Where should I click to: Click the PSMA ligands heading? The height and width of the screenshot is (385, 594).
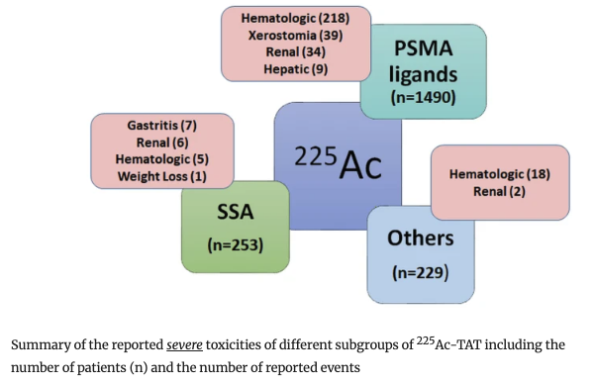(x=424, y=58)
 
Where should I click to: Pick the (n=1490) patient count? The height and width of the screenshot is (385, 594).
(x=424, y=97)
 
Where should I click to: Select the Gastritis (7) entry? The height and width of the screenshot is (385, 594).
(x=161, y=126)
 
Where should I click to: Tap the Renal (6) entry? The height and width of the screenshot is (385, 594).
(x=161, y=143)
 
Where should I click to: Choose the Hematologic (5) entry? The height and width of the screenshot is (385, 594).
(x=161, y=159)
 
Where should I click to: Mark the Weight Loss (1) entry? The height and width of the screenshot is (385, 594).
(x=161, y=176)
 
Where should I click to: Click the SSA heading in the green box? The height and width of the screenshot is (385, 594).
(x=235, y=210)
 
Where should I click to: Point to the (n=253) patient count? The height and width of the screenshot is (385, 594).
(x=235, y=243)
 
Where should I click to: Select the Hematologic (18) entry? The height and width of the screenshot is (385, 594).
(x=499, y=174)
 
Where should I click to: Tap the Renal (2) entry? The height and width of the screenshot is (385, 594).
(x=499, y=192)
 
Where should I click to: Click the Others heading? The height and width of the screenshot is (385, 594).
(x=421, y=238)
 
